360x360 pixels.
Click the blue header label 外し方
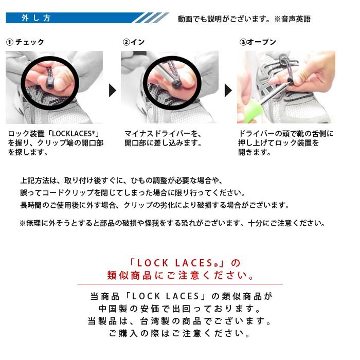(x=36, y=18)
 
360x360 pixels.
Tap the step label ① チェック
(x=25, y=42)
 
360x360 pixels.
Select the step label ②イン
(x=134, y=42)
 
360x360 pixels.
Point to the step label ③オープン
(x=258, y=42)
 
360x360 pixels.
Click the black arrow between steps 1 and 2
(x=112, y=90)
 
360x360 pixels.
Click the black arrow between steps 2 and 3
(x=228, y=90)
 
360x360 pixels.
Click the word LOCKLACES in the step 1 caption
(x=72, y=134)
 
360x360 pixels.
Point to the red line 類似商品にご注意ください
(x=180, y=275)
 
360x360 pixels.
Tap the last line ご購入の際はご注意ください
(x=179, y=333)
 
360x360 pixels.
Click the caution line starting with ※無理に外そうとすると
(x=172, y=223)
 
